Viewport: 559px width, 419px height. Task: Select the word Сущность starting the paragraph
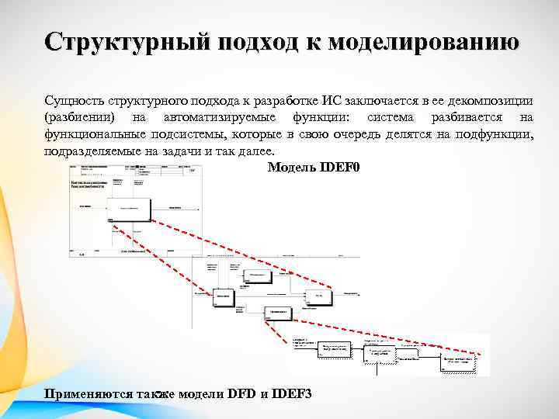click(75, 100)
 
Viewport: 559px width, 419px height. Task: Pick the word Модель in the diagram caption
click(291, 168)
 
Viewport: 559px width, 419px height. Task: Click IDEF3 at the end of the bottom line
click(293, 394)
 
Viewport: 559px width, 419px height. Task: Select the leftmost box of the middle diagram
click(222, 298)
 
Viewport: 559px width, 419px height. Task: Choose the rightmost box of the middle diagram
click(318, 296)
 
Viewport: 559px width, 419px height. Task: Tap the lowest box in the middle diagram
click(278, 313)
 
